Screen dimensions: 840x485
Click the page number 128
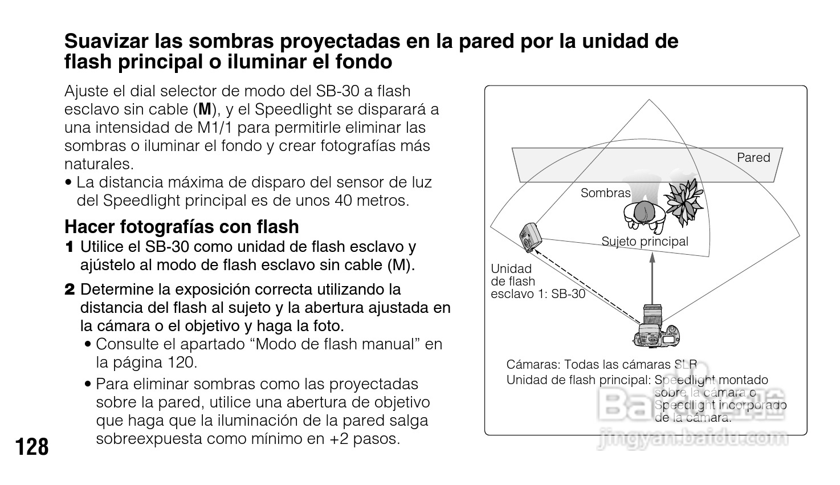point(32,447)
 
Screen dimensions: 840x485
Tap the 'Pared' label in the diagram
point(753,158)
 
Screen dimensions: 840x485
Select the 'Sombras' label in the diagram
point(605,193)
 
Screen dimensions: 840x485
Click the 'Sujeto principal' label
point(645,242)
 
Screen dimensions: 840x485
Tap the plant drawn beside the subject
point(686,199)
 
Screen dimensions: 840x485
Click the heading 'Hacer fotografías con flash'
point(181,227)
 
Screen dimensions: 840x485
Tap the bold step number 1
point(70,247)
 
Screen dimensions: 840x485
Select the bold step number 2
point(70,290)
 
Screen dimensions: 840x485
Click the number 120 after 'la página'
point(182,362)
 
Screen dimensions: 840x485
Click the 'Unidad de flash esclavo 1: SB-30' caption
point(537,282)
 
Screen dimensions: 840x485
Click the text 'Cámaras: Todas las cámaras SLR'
point(601,365)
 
